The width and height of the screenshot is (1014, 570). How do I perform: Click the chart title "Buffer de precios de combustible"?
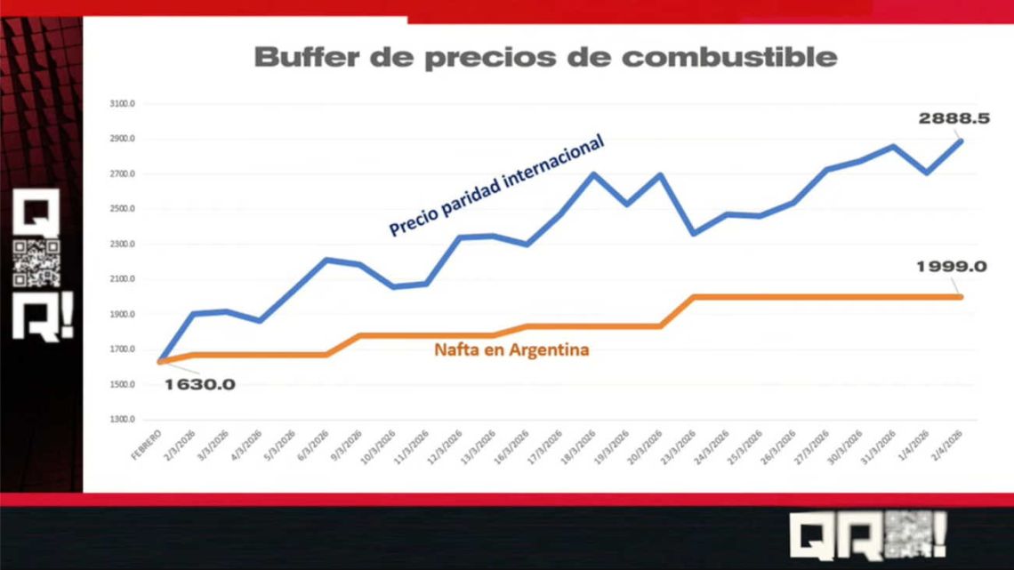pyautogui.click(x=545, y=58)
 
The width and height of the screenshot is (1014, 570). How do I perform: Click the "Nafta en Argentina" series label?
pyautogui.click(x=511, y=349)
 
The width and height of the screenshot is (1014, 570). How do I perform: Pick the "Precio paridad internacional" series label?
pyautogui.click(x=496, y=185)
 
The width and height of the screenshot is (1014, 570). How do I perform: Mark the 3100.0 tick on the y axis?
pyautogui.click(x=123, y=104)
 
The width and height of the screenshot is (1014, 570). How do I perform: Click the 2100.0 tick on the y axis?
pyautogui.click(x=123, y=279)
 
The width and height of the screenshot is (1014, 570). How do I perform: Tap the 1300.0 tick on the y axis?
pyautogui.click(x=123, y=420)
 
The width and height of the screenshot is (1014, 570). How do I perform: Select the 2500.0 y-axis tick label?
pyautogui.click(x=123, y=209)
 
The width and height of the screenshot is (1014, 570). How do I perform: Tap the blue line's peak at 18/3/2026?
pyautogui.click(x=593, y=173)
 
